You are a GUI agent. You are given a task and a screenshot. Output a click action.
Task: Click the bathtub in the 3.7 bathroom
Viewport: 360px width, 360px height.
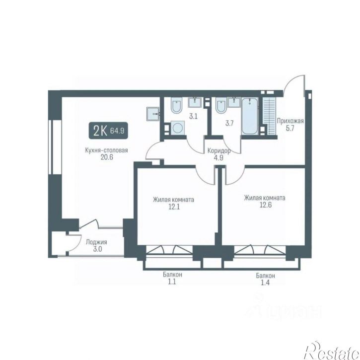pos(250,116)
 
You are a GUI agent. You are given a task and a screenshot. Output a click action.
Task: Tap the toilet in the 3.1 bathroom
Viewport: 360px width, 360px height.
pos(176,105)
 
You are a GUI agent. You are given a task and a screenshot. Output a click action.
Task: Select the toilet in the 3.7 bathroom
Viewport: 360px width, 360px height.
pos(221,105)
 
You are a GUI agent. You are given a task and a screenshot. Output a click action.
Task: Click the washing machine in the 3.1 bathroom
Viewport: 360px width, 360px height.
pos(178,128)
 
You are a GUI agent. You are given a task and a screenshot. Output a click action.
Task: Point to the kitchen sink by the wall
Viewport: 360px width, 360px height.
pos(152,113)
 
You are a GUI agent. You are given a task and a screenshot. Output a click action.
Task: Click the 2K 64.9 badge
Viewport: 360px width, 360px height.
pos(108,131)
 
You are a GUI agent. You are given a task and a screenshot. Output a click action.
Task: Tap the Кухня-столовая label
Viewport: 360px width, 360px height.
pos(107,150)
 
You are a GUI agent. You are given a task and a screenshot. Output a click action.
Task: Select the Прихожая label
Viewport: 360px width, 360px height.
pos(290,121)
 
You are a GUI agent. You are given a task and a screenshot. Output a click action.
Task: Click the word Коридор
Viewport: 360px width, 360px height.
pos(219,151)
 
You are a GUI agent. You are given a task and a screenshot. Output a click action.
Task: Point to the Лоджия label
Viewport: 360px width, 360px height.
pos(96,242)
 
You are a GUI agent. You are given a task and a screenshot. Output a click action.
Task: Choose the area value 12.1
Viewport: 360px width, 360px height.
pos(174,207)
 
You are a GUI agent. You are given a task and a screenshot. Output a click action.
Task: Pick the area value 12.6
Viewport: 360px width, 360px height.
pos(266,205)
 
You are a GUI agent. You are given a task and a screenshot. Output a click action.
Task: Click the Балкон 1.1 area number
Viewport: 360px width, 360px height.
pos(172,282)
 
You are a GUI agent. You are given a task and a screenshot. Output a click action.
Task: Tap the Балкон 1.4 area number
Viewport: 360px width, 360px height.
pos(265,283)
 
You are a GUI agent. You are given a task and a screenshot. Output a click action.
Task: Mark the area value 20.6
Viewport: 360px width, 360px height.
pos(107,157)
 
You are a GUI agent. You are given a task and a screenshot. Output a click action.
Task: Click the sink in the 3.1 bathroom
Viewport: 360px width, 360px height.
pos(195,102)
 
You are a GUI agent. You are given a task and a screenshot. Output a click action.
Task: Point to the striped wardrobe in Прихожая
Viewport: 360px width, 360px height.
pos(269,116)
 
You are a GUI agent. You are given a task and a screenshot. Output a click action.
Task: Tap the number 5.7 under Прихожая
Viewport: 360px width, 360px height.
pos(290,128)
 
